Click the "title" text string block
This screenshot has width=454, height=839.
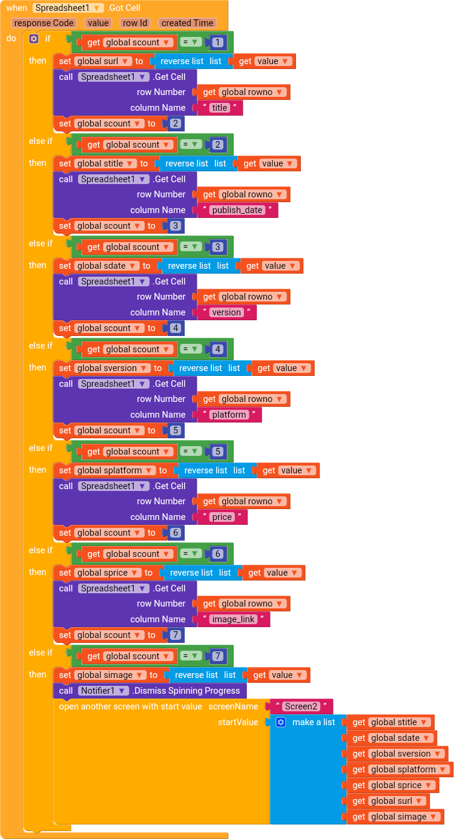(220, 108)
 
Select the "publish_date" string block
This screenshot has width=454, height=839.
(237, 210)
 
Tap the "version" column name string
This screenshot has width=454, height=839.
(226, 312)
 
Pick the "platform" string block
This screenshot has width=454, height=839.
(229, 415)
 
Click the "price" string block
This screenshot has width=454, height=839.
(222, 517)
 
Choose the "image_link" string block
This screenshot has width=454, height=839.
(233, 619)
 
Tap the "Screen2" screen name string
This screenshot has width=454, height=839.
(301, 706)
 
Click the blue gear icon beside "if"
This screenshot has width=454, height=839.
(34, 39)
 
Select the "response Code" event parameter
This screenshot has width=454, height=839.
(44, 23)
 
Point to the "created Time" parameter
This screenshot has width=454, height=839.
(187, 23)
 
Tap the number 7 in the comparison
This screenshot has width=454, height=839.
(217, 656)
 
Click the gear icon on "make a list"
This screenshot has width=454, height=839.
(281, 722)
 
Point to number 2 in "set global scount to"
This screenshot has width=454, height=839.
(176, 123)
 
